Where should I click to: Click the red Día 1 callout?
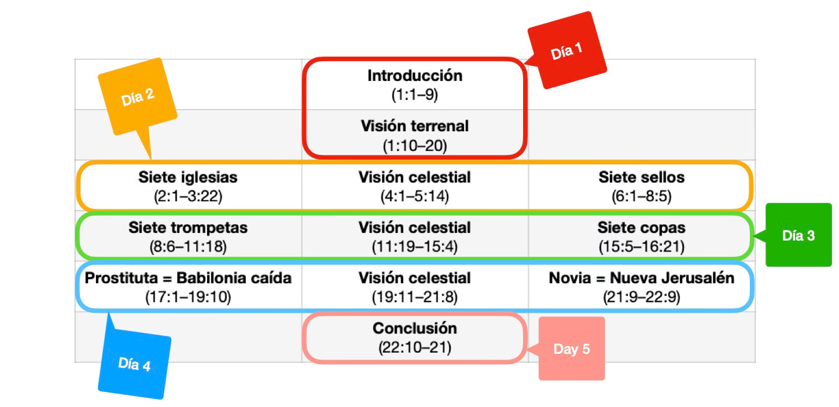[567, 51]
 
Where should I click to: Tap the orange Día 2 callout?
[138, 97]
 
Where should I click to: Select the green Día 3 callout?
[798, 235]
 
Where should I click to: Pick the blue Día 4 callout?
[134, 364]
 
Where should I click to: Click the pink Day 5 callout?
[571, 349]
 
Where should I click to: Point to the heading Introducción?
[415, 76]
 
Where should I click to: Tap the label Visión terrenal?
[415, 126]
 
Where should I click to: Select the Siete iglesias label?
[188, 177]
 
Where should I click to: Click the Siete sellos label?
[641, 177]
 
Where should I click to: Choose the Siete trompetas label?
[188, 228]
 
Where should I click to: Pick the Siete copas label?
[641, 228]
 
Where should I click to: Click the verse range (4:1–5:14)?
[415, 197]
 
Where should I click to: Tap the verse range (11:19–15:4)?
[415, 247]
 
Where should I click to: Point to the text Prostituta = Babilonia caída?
[188, 278]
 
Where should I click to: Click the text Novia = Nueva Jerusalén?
[641, 278]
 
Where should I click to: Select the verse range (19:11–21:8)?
[415, 298]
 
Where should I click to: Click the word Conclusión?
[415, 328]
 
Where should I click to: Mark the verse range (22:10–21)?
[415, 348]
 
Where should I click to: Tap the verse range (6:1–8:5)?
[641, 197]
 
